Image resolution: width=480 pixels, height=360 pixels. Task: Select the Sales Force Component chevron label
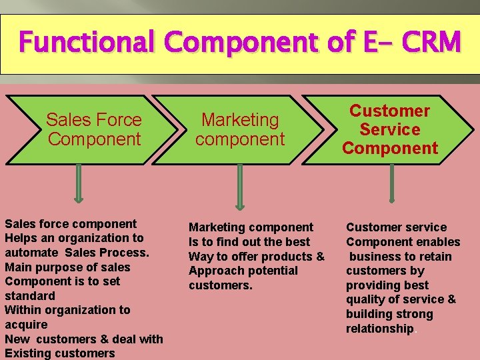[94, 129]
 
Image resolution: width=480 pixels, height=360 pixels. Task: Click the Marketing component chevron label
[240, 129]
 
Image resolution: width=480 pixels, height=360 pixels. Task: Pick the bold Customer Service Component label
[390, 129]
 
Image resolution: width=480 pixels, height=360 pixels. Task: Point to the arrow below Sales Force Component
[79, 183]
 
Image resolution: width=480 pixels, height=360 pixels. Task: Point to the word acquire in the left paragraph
[26, 325]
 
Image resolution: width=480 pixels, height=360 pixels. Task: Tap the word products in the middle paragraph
[290, 257]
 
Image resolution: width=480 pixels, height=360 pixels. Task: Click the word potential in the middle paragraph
[273, 271]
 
